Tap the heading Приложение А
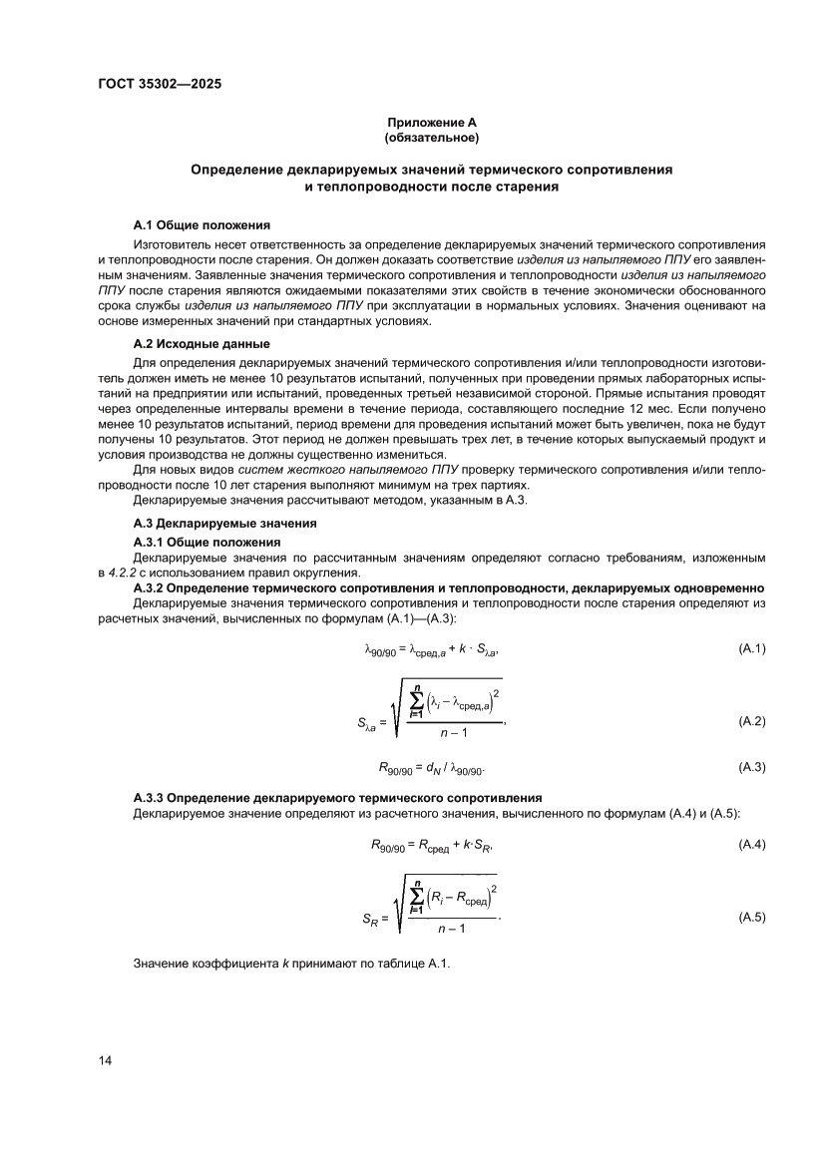coord(431,122)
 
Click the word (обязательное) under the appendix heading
coord(431,136)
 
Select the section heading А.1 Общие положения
coord(201,225)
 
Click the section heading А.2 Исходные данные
coord(195,343)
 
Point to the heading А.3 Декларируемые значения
coord(224,523)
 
